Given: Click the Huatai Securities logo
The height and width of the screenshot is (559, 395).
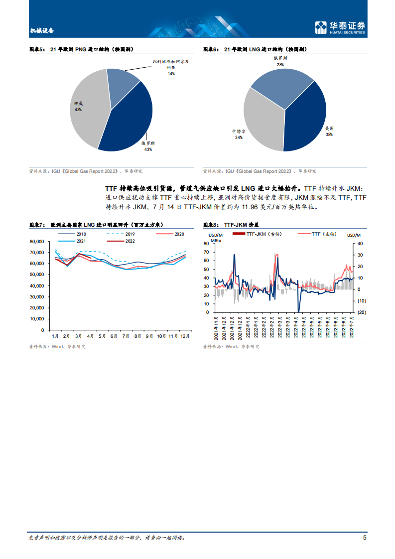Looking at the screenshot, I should pos(341,27).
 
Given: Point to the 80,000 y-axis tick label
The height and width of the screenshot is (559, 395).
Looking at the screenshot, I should pos(37,242).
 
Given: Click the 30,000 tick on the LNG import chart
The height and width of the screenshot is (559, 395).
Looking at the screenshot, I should pos(37,297).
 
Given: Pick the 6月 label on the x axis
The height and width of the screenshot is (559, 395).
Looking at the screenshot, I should pos(114,336).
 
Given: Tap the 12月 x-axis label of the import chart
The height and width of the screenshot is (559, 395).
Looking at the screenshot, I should pos(185,336).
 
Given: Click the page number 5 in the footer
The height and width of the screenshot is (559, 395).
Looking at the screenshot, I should pos(365,538).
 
